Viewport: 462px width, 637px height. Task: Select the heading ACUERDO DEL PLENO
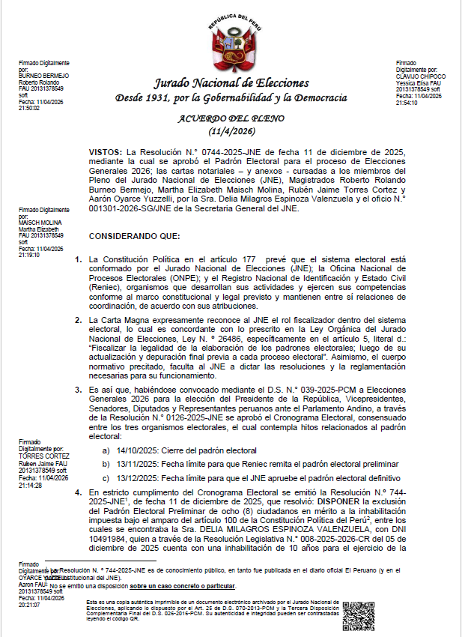[x=231, y=118]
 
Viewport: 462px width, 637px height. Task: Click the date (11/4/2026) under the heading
[x=231, y=131]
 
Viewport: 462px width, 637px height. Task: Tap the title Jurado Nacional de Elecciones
[x=231, y=82]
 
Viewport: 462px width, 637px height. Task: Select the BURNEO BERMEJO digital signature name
[x=43, y=76]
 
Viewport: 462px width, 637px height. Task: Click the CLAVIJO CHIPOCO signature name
[x=421, y=76]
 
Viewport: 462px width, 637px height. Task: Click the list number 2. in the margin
[x=79, y=320]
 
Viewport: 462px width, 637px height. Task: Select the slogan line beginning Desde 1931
[x=231, y=98]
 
